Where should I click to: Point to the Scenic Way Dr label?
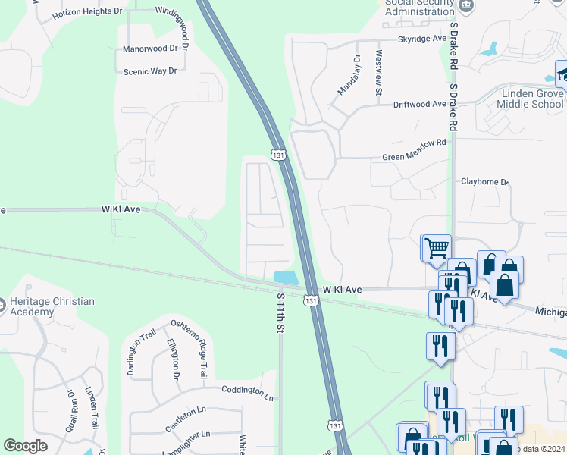pos(149,71)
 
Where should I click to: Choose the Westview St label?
pos(378,74)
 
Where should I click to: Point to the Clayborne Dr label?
pos(485,182)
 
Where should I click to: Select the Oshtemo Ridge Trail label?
pos(187,348)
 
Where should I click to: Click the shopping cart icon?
pos(436,246)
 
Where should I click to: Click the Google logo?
pos(26,446)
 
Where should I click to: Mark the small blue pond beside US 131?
pos(284,277)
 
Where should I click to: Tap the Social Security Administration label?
pos(419,8)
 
